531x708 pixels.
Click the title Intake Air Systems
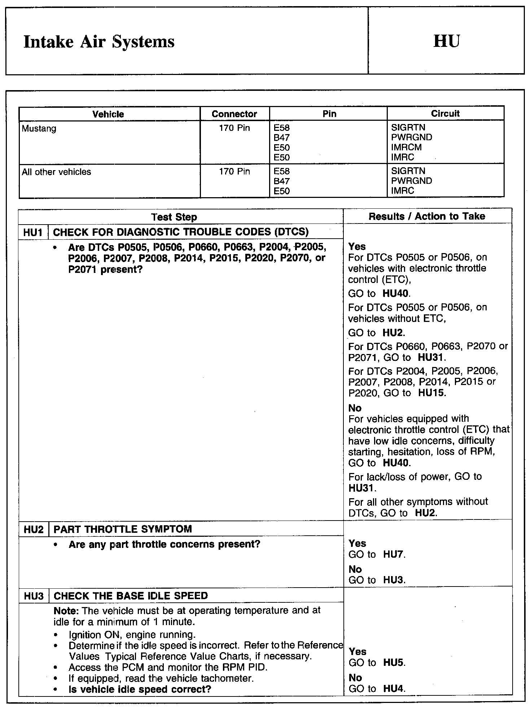point(99,41)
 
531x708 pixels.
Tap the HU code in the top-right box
point(446,41)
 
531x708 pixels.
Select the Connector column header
point(234,114)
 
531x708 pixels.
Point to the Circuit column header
point(445,114)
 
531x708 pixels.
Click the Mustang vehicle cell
point(39,129)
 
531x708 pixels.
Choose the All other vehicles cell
point(56,172)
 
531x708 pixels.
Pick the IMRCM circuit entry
point(406,147)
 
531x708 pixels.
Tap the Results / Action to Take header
point(427,216)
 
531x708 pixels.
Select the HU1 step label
point(33,232)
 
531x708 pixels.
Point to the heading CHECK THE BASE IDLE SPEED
point(131,596)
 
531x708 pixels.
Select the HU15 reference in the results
point(431,393)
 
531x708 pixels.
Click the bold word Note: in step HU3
point(66,611)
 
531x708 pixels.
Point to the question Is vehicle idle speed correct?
point(140,690)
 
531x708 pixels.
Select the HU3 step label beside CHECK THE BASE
point(34,596)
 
